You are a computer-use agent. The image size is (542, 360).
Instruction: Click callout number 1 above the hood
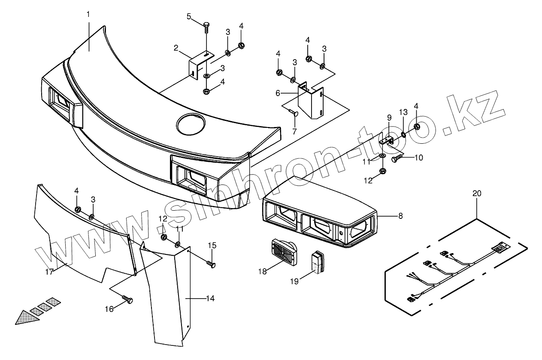[x=88, y=14]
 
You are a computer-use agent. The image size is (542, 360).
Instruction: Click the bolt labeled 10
[x=396, y=159]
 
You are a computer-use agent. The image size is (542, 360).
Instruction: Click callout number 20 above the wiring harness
[x=477, y=194]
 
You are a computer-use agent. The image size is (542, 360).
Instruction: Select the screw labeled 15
[x=210, y=263]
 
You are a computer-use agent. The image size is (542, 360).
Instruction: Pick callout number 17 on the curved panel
[x=49, y=272]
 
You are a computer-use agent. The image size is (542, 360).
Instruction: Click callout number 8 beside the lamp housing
[x=400, y=216]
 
